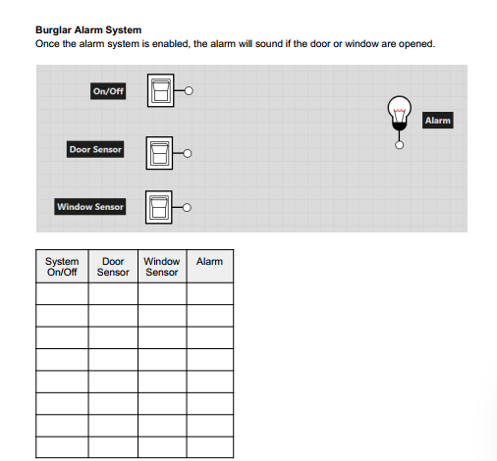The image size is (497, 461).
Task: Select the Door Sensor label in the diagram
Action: pyautogui.click(x=94, y=149)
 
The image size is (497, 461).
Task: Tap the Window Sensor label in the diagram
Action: pyautogui.click(x=90, y=207)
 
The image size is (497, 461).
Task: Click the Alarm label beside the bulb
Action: pyautogui.click(x=437, y=121)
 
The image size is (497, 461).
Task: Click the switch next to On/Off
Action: pyautogui.click(x=160, y=90)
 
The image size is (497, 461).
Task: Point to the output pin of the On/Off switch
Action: pyautogui.click(x=190, y=91)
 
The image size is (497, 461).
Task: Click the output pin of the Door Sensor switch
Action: pyautogui.click(x=187, y=153)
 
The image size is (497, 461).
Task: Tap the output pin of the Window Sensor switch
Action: pyautogui.click(x=187, y=208)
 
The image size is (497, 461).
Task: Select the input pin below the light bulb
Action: pyautogui.click(x=399, y=145)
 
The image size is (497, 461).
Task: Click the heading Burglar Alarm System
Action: pyautogui.click(x=88, y=30)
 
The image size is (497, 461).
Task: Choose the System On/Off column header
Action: pyautogui.click(x=62, y=267)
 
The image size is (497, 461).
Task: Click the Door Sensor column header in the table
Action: pyautogui.click(x=114, y=267)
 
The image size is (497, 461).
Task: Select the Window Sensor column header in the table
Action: pyautogui.click(x=162, y=267)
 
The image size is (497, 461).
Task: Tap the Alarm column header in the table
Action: pyautogui.click(x=210, y=262)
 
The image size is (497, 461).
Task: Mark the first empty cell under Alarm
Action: pyautogui.click(x=210, y=293)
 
